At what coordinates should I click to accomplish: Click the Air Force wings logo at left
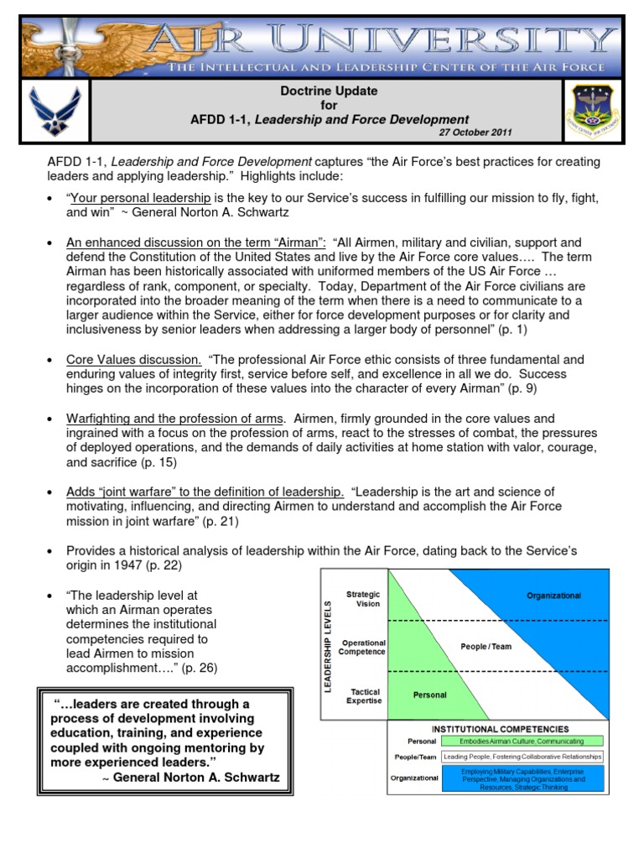tap(55, 109)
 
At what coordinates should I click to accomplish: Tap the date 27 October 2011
tap(475, 133)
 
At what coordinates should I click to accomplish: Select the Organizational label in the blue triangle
tap(553, 596)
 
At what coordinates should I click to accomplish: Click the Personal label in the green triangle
tap(430, 695)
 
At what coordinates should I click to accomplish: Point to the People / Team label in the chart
tap(486, 646)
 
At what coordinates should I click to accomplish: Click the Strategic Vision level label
tap(363, 598)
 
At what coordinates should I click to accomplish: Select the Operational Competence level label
tap(363, 646)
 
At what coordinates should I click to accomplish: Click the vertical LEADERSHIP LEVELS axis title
tap(330, 646)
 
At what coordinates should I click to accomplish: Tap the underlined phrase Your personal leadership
tap(140, 198)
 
